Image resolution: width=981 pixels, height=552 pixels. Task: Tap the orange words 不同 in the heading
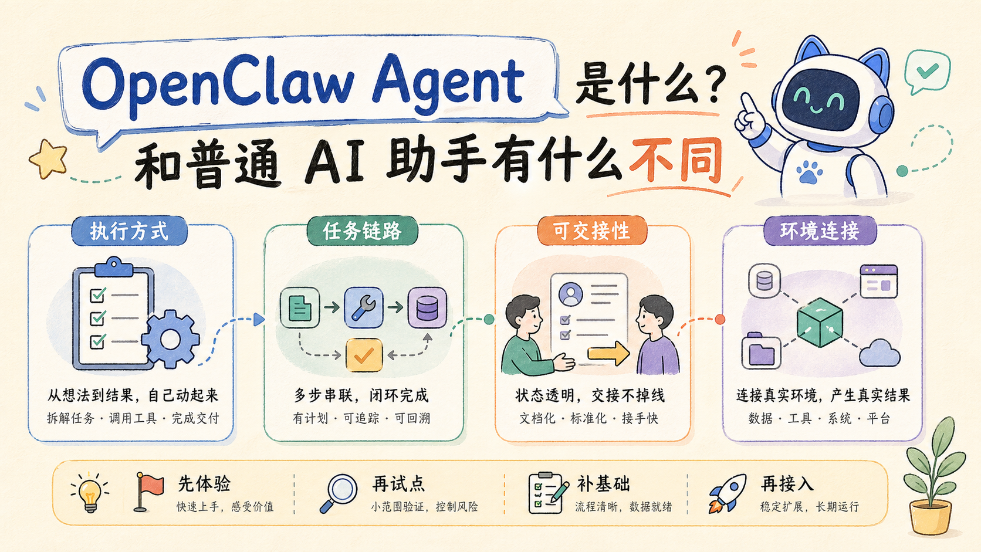676,161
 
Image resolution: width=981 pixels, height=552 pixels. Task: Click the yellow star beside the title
48,159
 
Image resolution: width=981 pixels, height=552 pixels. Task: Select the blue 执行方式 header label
130,231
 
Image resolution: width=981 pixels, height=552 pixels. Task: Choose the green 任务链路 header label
362,231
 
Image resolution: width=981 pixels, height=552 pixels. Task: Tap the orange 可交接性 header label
592,231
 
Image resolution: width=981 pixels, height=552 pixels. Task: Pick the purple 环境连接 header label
820,231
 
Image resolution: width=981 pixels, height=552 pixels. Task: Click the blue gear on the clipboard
170,339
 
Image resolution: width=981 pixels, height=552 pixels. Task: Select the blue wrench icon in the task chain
364,308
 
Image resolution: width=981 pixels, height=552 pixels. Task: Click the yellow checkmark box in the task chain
364,355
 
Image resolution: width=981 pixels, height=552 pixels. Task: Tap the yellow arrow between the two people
608,353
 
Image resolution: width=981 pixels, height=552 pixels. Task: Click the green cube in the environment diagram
820,323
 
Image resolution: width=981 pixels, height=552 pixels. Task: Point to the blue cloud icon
879,354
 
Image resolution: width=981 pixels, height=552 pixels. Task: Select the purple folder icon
761,351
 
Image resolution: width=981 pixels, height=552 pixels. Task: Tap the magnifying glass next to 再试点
338,493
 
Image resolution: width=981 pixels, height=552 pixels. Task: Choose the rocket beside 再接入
727,493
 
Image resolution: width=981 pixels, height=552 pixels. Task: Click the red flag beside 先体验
148,492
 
